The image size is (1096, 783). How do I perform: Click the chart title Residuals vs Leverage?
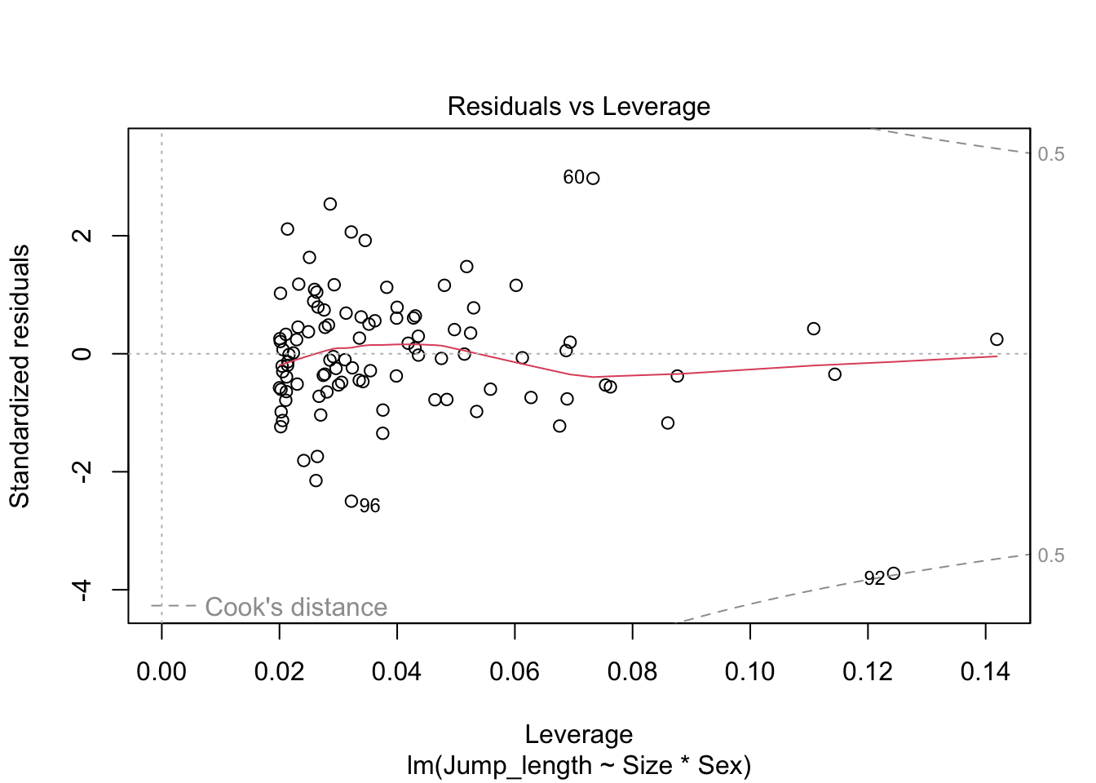pos(578,107)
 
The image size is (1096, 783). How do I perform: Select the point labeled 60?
pos(593,179)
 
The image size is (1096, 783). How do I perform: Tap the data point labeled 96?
pos(351,501)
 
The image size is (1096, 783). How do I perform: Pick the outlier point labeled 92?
pos(893,573)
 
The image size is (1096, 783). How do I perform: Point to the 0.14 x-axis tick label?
pos(985,672)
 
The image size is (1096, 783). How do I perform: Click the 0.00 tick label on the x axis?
pos(161,672)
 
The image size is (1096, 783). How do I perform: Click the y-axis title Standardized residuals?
pos(20,376)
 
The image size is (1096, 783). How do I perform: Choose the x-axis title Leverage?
pos(578,734)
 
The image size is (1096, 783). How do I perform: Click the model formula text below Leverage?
pos(578,766)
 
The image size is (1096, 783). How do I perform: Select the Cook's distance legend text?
pos(295,607)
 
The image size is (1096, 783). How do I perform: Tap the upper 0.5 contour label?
pos(1051,154)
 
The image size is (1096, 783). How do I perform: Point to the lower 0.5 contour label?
pos(1051,555)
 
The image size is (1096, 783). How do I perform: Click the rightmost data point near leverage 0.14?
pos(997,339)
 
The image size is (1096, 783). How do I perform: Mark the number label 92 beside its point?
pos(874,578)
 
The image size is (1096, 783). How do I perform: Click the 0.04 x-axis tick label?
pos(396,672)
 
